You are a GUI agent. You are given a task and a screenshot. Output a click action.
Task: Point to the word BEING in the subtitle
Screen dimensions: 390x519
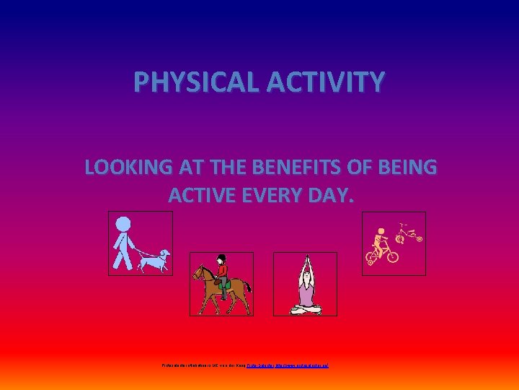coord(410,168)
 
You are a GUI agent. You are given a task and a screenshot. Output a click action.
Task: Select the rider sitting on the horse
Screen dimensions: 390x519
coord(223,274)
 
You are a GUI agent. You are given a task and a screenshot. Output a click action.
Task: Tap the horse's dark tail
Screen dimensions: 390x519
coord(247,289)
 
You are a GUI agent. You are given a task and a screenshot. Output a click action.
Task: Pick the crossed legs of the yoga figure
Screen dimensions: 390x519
coord(306,308)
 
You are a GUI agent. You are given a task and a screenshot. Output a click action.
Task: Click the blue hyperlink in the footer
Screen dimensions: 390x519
coord(288,366)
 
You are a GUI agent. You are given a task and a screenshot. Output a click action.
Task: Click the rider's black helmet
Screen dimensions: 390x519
coord(223,259)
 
